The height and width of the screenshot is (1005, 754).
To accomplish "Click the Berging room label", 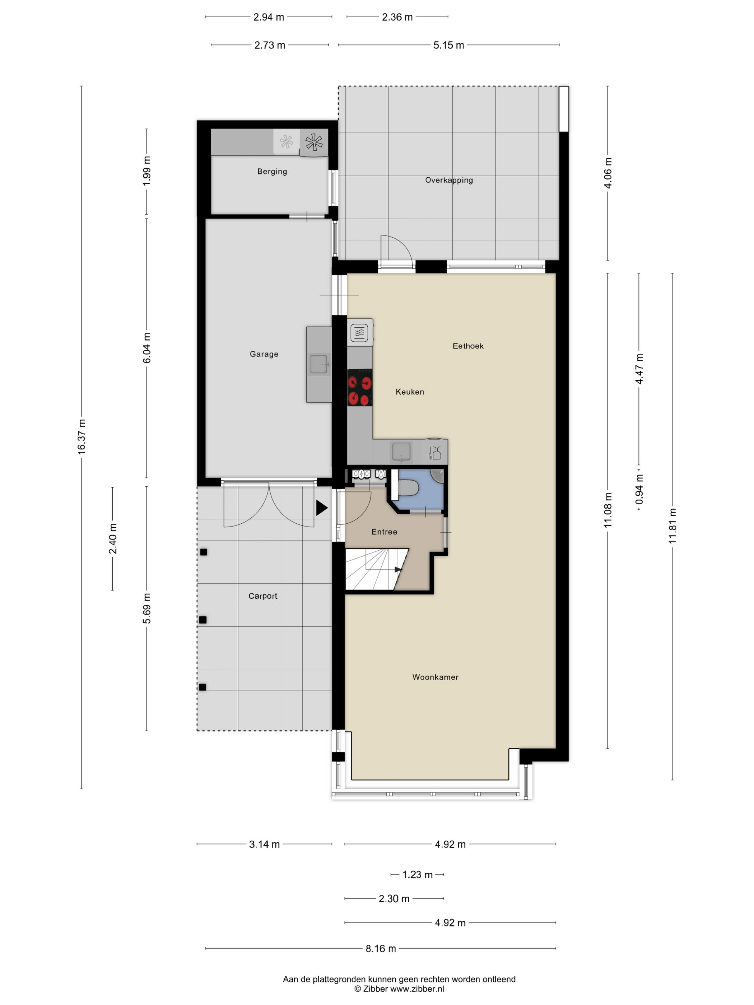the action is (272, 171).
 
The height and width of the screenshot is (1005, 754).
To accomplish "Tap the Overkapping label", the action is (448, 180).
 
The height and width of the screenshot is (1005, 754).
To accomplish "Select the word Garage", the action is (264, 354).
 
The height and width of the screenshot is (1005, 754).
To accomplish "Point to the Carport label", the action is (263, 595).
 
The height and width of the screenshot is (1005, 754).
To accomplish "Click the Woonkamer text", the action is (435, 677).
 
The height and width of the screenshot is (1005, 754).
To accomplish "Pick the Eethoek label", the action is (468, 346).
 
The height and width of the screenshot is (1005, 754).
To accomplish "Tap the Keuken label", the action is (410, 392).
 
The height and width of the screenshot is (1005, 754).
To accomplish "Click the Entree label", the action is (384, 532).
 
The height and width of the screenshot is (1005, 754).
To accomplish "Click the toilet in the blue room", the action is (408, 489).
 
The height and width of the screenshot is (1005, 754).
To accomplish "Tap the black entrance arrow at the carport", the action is (322, 508).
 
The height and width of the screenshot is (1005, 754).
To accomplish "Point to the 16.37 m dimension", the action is (82, 436).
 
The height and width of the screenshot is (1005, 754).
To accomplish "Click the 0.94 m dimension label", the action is (639, 489).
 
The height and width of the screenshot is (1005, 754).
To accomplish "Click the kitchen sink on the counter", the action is (401, 452).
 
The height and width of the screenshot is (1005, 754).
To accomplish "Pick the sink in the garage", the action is (318, 364).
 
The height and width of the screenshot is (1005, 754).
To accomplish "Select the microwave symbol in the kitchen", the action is (359, 333).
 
